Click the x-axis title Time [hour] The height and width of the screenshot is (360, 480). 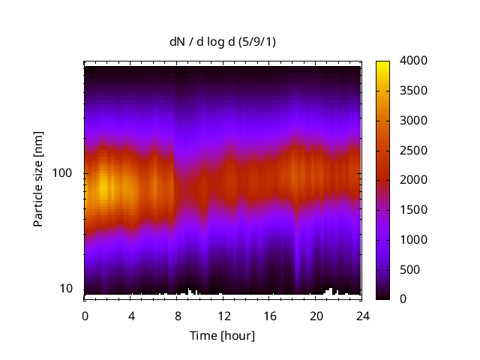tap(222, 335)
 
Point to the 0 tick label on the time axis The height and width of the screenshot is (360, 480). tap(85, 315)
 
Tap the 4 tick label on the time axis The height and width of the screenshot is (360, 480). tap(131, 315)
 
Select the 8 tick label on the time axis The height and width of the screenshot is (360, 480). tap(177, 315)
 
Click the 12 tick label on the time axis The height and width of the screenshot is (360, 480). tap(223, 315)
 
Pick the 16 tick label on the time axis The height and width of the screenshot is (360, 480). tap(269, 315)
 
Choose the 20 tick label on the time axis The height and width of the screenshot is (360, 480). tap(316, 315)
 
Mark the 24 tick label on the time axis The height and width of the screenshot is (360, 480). tap(362, 315)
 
